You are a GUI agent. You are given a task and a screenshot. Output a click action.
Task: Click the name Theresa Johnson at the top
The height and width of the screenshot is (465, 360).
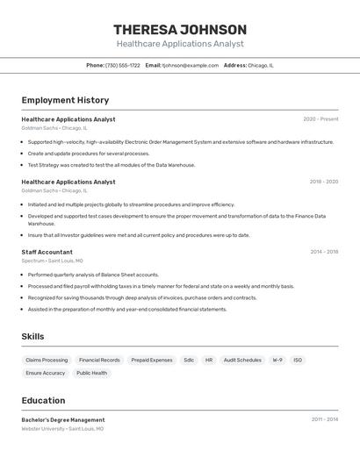(x=180, y=29)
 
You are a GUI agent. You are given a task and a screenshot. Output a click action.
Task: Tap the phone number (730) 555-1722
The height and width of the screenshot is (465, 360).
(x=122, y=65)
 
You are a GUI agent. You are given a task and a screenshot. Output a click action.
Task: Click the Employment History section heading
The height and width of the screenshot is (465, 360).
(x=65, y=100)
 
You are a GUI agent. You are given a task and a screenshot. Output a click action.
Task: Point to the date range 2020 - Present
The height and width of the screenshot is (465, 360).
(x=320, y=119)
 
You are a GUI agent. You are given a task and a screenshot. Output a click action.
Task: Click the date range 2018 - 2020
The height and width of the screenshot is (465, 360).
(x=323, y=182)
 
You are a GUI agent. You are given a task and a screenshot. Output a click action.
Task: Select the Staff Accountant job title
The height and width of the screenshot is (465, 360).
(x=47, y=252)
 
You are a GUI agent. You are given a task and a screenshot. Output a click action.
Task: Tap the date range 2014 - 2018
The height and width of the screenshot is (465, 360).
(x=324, y=252)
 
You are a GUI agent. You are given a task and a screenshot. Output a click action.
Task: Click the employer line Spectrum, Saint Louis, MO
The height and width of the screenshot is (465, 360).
(x=53, y=261)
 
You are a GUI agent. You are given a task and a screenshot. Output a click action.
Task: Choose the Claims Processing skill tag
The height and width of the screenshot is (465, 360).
(x=47, y=360)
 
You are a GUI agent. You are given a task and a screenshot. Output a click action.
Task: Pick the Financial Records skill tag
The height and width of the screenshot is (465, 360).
(x=99, y=360)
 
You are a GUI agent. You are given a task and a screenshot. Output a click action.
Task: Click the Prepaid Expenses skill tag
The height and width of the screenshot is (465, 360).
(x=152, y=360)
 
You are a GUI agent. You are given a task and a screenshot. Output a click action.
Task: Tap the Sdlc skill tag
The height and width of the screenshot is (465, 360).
(x=189, y=360)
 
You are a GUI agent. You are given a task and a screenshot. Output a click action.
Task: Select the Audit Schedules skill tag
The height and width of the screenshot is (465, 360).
(x=242, y=360)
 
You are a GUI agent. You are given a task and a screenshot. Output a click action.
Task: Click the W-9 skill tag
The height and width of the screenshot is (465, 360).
(x=277, y=360)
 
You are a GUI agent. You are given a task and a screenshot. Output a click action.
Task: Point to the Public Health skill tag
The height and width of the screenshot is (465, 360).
(x=92, y=373)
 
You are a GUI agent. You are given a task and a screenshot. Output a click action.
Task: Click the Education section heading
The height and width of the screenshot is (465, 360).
(x=43, y=400)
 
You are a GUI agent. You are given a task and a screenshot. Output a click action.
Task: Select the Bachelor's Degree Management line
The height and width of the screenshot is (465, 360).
(x=63, y=419)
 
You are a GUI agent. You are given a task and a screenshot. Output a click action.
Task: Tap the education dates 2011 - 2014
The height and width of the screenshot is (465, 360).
(x=325, y=419)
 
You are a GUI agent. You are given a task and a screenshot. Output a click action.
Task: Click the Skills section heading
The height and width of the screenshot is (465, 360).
(x=32, y=336)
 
